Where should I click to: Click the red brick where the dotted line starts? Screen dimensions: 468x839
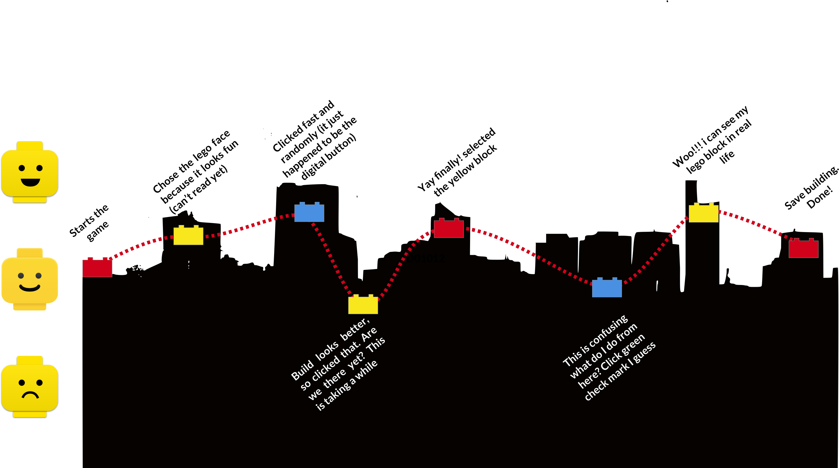97,268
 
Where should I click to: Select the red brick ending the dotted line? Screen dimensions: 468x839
803,249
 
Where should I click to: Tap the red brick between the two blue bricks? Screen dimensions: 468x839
448,228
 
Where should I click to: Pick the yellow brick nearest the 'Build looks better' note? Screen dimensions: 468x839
363,305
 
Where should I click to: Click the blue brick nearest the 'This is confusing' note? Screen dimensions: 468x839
607,288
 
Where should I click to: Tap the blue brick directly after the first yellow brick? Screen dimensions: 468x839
309,213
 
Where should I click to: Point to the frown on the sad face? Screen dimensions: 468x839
30,395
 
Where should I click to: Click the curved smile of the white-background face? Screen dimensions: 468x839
30,288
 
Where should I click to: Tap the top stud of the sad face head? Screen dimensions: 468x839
30,360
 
